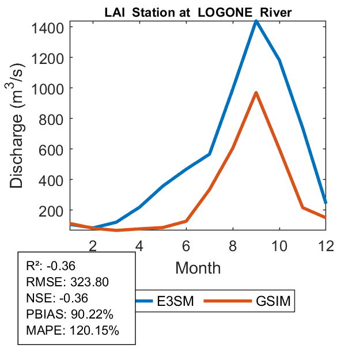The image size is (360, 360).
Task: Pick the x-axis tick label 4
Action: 139,245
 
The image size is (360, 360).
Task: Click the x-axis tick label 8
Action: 233,245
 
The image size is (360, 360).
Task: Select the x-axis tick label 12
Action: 326,245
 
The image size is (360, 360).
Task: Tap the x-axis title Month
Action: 198,267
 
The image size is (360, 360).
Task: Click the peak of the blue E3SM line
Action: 256,21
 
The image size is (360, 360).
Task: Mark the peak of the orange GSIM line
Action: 256,93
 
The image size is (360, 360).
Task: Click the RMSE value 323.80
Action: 89,282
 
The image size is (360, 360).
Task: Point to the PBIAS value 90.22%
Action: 92,314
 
